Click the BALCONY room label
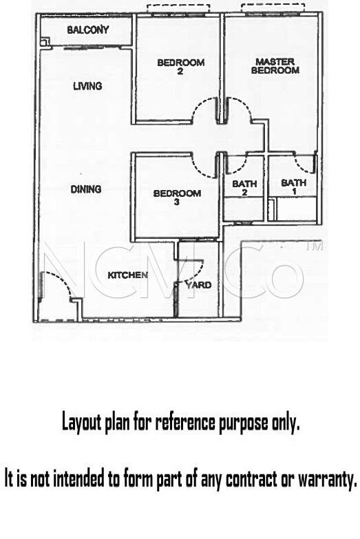pyautogui.click(x=87, y=30)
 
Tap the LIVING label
pyautogui.click(x=87, y=85)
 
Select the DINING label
pyautogui.click(x=85, y=189)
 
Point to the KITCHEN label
pyautogui.click(x=127, y=275)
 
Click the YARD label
pyautogui.click(x=198, y=285)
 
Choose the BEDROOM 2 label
pyautogui.click(x=180, y=67)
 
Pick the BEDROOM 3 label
pyautogui.click(x=177, y=198)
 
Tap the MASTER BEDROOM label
pyautogui.click(x=275, y=66)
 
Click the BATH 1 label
pyautogui.click(x=294, y=187)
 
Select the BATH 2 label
pyautogui.click(x=244, y=188)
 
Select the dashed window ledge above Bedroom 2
pyautogui.click(x=178, y=8)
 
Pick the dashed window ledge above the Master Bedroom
pyautogui.click(x=273, y=8)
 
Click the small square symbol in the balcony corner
pyautogui.click(x=45, y=42)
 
